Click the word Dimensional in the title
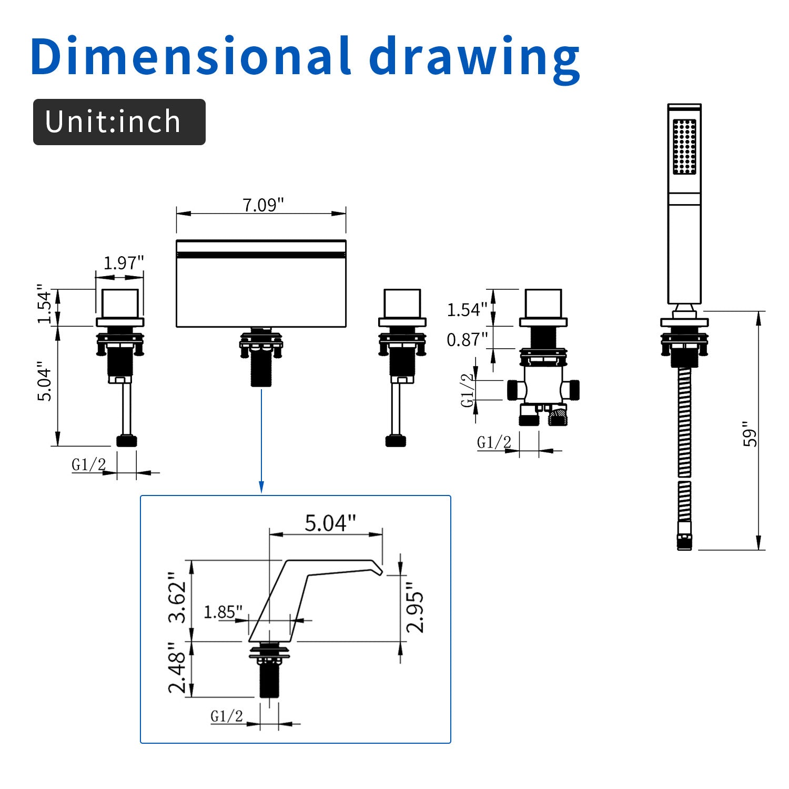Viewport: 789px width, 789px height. click(x=190, y=56)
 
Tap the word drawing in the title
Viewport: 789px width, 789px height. click(x=475, y=59)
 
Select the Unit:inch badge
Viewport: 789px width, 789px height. click(x=119, y=122)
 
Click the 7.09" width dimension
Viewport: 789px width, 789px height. click(x=263, y=205)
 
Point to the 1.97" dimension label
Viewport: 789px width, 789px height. click(x=124, y=262)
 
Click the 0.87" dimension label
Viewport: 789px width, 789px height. click(x=467, y=340)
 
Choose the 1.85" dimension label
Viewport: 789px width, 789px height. click(x=223, y=612)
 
